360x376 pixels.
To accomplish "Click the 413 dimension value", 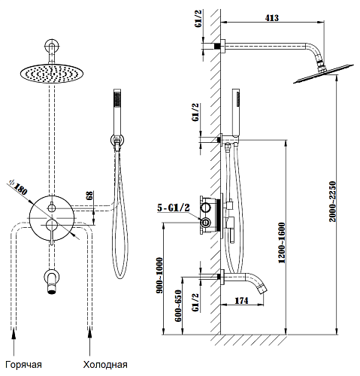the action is (x=272, y=18).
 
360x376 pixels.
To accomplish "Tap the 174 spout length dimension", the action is (x=241, y=300).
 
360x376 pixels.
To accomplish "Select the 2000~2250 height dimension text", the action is (x=332, y=202).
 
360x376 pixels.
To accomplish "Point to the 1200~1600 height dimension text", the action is (x=282, y=243).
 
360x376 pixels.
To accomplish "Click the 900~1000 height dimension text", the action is (x=159, y=275).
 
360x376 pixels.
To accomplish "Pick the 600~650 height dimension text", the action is (x=178, y=306).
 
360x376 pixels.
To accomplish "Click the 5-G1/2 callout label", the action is (x=174, y=208).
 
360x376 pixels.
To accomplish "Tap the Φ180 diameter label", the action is (x=17, y=187).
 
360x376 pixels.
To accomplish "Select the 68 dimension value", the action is (x=89, y=195).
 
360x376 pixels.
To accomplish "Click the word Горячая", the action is (x=23, y=365).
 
